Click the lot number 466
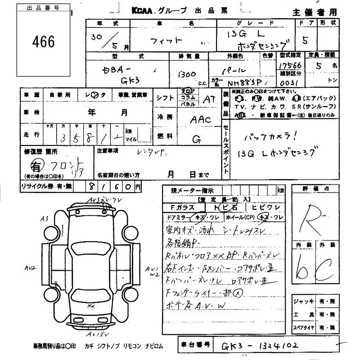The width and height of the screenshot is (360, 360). pyautogui.click(x=44, y=42)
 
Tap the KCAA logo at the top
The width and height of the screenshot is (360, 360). pyautogui.click(x=146, y=11)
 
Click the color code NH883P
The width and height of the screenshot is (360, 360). pyautogui.click(x=245, y=83)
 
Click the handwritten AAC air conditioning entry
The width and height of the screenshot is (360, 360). pyautogui.click(x=200, y=120)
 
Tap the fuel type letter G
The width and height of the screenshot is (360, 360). pyautogui.click(x=196, y=140)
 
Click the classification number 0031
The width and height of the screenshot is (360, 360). pyautogui.click(x=288, y=84)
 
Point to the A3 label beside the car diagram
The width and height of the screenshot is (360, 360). pyautogui.click(x=44, y=219)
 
